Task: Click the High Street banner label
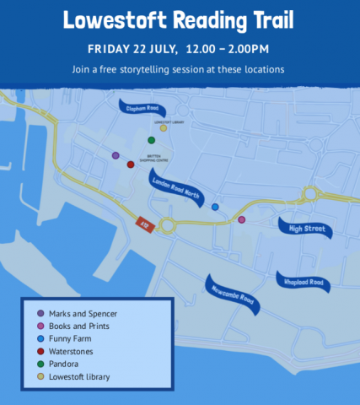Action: pyautogui.click(x=305, y=227)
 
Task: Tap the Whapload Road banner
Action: pyautogui.click(x=304, y=281)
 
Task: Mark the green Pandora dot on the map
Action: pyautogui.click(x=151, y=140)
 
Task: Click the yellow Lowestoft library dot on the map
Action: pyautogui.click(x=164, y=128)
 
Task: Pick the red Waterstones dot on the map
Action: pyautogui.click(x=130, y=165)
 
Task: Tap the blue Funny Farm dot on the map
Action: pyautogui.click(x=215, y=207)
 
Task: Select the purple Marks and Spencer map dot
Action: pyautogui.click(x=116, y=155)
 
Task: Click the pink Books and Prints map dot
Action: pyautogui.click(x=242, y=219)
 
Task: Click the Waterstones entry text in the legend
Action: pyautogui.click(x=72, y=351)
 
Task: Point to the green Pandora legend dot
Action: pyautogui.click(x=40, y=364)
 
